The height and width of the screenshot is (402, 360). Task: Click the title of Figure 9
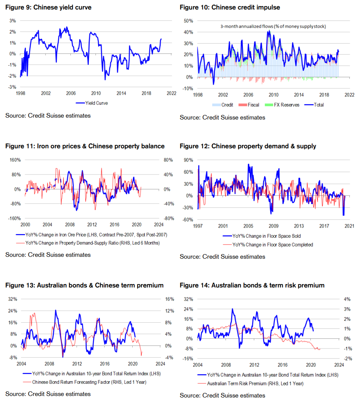49,7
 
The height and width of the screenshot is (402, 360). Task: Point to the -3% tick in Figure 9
13,87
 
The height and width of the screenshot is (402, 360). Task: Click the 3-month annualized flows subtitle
273,27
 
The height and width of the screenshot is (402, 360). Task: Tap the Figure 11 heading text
85,146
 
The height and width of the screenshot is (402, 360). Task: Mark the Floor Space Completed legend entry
272,245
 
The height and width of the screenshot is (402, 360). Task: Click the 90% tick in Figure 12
188,160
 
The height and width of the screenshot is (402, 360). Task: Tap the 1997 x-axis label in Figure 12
197,226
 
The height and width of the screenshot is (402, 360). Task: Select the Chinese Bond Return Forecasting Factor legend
89,382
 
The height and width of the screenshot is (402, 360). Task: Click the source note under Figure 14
222,396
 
